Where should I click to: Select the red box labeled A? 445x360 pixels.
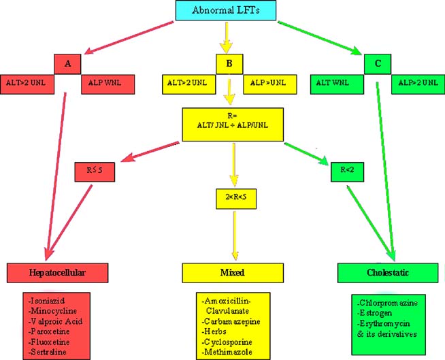coord(67,64)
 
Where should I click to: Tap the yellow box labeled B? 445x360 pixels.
coord(229,64)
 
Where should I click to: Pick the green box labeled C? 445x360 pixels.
coord(376,64)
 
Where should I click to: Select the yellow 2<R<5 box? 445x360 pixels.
coord(233,199)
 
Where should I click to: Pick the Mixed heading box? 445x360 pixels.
coord(232,272)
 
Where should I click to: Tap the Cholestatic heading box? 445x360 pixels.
coord(385,272)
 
